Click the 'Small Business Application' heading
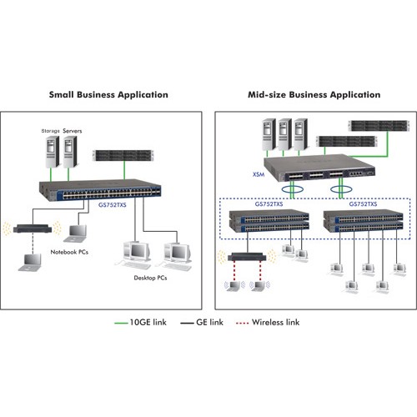[x=108, y=95]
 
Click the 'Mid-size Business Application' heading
[x=314, y=95]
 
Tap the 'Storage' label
[x=50, y=131]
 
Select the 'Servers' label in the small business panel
[x=73, y=131]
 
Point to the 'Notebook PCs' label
[x=69, y=252]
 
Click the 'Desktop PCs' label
[x=150, y=278]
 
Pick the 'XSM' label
[x=259, y=174]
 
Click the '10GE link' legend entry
[x=140, y=323]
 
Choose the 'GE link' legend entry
[x=202, y=323]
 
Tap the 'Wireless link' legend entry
[x=268, y=323]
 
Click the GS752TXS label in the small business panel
[x=113, y=205]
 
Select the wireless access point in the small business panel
[x=33, y=229]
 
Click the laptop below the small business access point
[x=30, y=262]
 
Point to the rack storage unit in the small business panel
[x=124, y=155]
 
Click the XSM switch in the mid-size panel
[x=319, y=168]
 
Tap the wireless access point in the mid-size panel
[x=247, y=257]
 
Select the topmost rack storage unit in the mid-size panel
[x=379, y=126]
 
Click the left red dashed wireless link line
[x=234, y=271]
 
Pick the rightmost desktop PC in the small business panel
[x=177, y=256]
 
